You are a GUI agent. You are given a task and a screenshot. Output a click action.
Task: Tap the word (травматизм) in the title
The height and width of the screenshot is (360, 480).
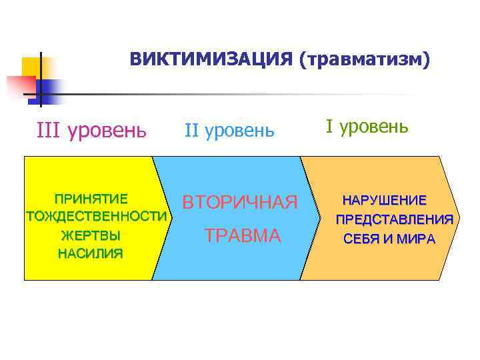[365, 60]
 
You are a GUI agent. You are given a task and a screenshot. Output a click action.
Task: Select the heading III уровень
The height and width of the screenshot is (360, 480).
[91, 129]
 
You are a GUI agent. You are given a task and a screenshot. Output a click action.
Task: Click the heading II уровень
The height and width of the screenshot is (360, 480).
[229, 130]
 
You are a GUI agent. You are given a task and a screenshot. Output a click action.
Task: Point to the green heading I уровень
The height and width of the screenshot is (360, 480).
[367, 126]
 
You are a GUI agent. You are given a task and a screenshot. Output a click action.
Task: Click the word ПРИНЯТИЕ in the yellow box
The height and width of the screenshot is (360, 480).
[91, 199]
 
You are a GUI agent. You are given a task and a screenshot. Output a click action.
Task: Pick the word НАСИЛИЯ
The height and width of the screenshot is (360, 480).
[91, 253]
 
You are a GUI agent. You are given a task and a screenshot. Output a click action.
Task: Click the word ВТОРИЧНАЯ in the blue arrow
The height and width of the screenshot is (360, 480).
[239, 202]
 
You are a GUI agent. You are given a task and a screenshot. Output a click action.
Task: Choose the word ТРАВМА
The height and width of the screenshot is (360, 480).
[243, 235]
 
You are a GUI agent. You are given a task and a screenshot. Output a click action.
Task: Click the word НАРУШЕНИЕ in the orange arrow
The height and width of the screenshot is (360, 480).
[385, 200]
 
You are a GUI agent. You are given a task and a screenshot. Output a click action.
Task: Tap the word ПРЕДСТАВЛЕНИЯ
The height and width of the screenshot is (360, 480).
[395, 219]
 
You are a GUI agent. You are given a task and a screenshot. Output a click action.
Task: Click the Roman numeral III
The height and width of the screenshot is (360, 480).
[49, 129]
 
